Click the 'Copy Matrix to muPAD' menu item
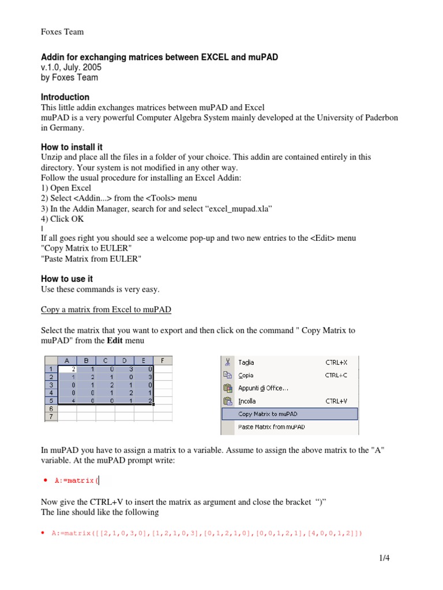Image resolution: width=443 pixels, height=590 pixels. pos(268,414)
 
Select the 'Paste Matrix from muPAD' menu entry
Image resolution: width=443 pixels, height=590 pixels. pos(271,427)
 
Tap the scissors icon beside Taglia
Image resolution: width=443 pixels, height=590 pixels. pos(228,362)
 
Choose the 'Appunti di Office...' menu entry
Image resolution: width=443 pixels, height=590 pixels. pos(263,388)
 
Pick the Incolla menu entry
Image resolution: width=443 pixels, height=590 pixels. pos(247,401)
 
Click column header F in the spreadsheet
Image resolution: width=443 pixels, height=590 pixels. pos(163,361)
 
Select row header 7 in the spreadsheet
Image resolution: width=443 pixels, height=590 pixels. pos(51,415)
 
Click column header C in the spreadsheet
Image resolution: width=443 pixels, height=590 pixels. pos(105,361)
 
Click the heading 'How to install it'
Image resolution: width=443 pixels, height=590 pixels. pos(72,147)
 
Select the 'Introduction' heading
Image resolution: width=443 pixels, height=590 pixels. pos(65,97)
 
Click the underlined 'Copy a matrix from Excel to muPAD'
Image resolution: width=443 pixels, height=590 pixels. pos(106,309)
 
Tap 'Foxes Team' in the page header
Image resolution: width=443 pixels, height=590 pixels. pos(62,32)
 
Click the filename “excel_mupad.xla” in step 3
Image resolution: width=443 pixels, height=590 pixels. pos(238,209)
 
